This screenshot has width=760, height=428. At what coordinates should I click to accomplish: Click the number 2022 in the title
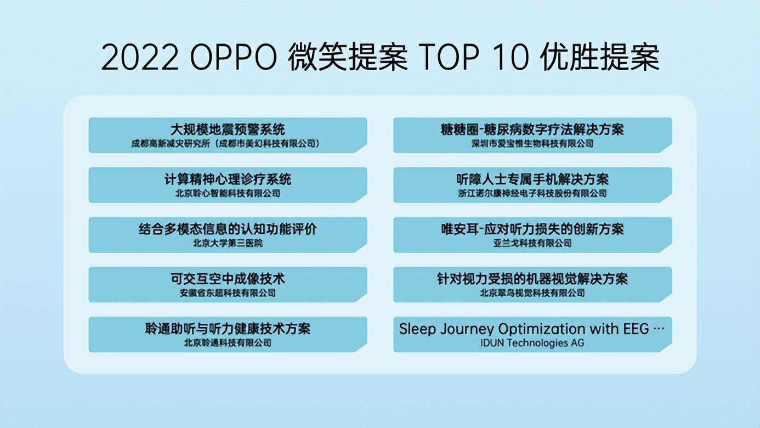click(x=140, y=58)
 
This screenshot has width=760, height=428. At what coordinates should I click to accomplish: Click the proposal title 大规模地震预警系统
click(x=228, y=130)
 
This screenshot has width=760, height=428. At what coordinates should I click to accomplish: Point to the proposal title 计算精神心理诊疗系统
click(x=228, y=179)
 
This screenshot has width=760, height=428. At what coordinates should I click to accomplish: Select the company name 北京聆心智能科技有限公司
click(x=228, y=193)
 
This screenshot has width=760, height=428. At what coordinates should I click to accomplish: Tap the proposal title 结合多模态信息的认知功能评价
click(x=228, y=229)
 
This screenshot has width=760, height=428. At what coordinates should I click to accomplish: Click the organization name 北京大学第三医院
click(x=228, y=243)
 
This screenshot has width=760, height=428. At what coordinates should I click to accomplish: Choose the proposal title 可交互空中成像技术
click(x=228, y=279)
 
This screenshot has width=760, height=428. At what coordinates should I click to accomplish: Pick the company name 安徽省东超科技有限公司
click(x=228, y=293)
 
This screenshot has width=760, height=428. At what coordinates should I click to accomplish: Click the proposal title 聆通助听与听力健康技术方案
click(x=228, y=329)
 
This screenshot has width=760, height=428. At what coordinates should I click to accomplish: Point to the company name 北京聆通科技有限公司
click(x=228, y=343)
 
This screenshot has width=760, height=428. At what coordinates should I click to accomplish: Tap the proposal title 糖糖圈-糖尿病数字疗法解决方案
click(x=532, y=130)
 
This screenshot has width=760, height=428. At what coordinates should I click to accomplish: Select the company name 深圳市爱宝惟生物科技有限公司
click(x=532, y=144)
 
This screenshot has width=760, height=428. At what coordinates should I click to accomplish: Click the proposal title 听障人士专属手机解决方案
click(x=532, y=179)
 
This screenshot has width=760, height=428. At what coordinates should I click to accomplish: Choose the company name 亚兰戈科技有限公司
click(x=532, y=243)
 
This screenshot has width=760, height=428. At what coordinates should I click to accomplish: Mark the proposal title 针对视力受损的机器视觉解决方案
click(x=532, y=279)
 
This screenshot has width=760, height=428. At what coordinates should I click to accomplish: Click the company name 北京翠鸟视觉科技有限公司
click(x=532, y=293)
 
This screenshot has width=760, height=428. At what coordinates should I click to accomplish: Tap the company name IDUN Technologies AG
click(x=532, y=343)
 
